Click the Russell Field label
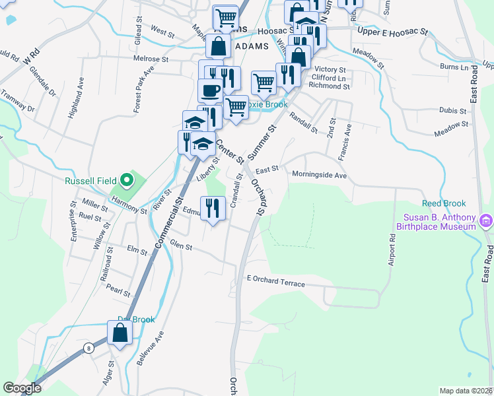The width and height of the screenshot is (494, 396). pos(90,181)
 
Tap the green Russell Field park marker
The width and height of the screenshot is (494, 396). pos(125,180)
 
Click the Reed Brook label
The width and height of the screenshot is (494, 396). pos(444,204)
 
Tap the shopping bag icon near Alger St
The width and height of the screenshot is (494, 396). pos(120,333)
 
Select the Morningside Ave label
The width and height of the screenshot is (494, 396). pos(320,176)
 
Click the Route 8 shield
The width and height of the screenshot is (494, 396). pos(88,347)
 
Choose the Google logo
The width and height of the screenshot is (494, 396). pos(22,388)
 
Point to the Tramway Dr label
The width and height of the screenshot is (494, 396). pos(17,100)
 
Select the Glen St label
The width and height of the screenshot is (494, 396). pos(181,247)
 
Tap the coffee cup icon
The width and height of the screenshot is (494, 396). pos(211,90)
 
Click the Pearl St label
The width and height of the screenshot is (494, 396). pos(118,291)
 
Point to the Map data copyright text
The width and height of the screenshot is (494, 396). pos(465,390)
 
